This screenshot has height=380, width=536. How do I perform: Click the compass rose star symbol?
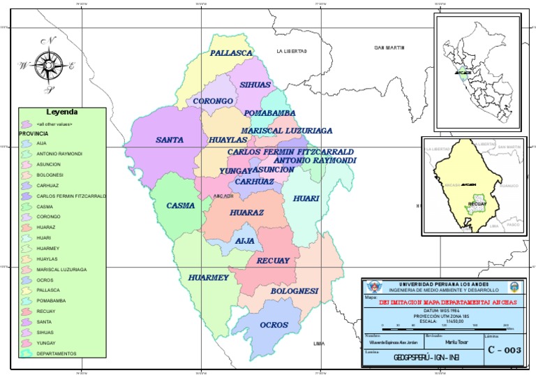[48, 65]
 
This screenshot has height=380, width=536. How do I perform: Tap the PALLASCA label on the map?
[232, 53]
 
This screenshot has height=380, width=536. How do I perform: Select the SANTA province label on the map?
[170, 140]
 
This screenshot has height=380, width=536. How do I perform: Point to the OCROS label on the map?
[274, 325]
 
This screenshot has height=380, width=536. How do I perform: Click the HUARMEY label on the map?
[209, 277]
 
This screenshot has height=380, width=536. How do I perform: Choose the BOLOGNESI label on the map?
[295, 290]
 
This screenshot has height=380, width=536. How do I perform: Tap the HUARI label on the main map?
[306, 198]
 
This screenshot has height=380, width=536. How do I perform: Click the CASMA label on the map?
[181, 205]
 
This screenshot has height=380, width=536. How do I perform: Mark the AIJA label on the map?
[245, 240]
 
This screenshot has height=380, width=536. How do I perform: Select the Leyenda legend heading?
[62, 112]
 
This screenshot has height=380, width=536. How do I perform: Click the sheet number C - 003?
[504, 349]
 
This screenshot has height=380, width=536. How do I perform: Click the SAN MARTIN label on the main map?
[389, 47]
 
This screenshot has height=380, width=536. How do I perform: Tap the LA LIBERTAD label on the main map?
[291, 51]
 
